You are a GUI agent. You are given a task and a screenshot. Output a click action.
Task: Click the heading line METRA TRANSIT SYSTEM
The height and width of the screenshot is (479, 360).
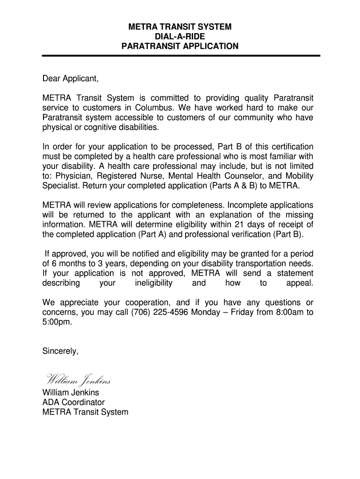(180, 27)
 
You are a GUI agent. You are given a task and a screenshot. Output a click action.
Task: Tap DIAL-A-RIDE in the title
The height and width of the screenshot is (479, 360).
(180, 36)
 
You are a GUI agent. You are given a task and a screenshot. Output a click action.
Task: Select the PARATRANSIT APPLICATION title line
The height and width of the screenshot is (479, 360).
(180, 46)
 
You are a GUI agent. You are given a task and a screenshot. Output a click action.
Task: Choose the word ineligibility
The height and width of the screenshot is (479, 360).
(153, 283)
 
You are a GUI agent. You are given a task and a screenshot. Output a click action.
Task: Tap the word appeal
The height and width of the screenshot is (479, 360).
(299, 283)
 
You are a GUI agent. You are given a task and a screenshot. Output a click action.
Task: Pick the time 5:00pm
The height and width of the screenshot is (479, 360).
(57, 322)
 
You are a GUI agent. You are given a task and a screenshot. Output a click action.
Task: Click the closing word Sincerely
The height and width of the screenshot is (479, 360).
(60, 351)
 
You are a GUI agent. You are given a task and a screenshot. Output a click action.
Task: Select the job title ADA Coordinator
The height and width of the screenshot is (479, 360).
(73, 402)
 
